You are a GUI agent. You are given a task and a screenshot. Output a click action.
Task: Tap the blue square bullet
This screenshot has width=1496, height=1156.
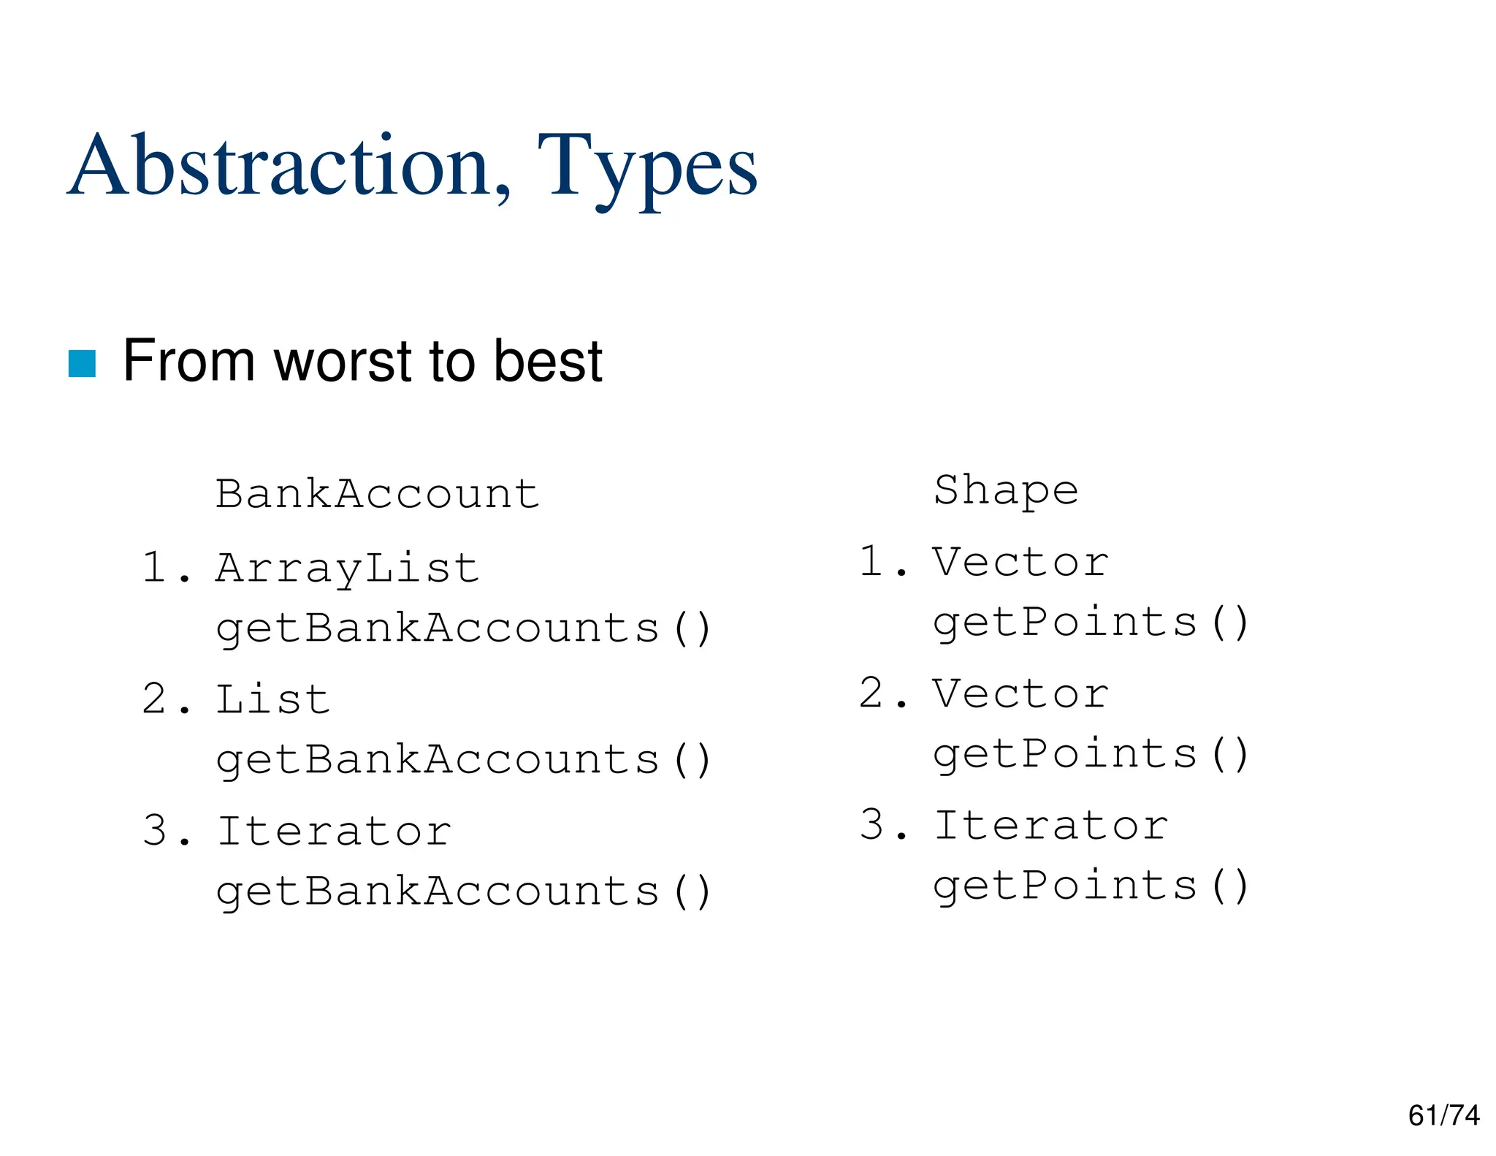(x=82, y=364)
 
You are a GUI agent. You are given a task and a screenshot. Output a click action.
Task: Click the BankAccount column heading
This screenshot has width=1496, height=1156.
(x=377, y=494)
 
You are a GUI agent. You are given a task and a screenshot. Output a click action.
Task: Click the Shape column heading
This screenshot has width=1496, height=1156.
(x=1006, y=490)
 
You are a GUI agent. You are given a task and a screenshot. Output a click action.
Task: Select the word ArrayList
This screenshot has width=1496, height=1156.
(x=347, y=569)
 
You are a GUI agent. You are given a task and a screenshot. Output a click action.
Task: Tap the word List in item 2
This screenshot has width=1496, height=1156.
(x=273, y=699)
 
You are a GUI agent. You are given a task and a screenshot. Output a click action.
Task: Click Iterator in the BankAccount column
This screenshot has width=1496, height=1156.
(x=335, y=831)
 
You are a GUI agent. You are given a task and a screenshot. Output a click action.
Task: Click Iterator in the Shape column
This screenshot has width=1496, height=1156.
(x=1051, y=826)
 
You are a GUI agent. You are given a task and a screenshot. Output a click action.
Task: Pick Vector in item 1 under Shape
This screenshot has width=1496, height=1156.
(x=1020, y=562)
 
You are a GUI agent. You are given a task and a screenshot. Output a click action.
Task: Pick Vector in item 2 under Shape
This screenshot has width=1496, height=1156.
(x=1020, y=693)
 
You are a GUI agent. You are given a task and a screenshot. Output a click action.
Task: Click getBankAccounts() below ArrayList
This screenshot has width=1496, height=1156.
(x=463, y=628)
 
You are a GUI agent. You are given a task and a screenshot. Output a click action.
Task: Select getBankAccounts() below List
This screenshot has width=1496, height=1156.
(x=463, y=760)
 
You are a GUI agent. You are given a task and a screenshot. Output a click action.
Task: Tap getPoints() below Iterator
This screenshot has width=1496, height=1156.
(x=1091, y=886)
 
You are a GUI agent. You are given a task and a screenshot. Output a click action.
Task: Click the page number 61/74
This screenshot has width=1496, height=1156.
(x=1443, y=1116)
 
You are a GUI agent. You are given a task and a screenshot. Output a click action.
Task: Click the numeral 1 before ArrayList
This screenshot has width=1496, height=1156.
(x=155, y=568)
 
